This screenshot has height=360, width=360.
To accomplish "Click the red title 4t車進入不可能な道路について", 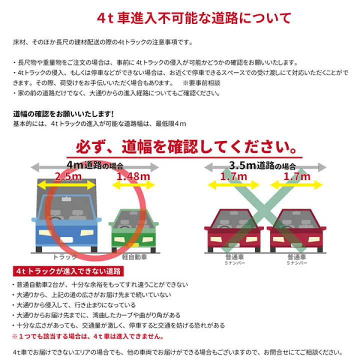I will pyautogui.click(x=193, y=18).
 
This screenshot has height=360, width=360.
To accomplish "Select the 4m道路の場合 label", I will pyautogui.click(x=95, y=165).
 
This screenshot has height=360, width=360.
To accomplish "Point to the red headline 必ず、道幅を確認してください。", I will pyautogui.click(x=184, y=147).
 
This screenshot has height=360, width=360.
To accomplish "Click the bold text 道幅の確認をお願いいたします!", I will pyautogui.click(x=63, y=114).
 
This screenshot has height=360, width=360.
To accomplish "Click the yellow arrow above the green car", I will pyautogui.click(x=133, y=185).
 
